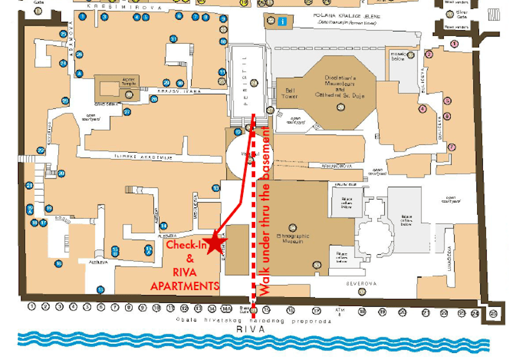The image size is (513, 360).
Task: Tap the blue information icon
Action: [282, 21]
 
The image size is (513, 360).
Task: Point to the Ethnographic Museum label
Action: [292, 239]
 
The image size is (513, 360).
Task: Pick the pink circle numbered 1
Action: [454, 44]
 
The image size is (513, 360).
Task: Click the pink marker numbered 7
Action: [451, 147]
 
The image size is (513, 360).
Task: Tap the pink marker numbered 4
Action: [422, 108]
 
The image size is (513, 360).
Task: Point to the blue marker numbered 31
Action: [174, 40]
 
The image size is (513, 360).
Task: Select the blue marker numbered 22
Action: [40, 151]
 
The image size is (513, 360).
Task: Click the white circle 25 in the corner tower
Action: [493, 314]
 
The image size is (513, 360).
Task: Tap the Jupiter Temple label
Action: [130, 81]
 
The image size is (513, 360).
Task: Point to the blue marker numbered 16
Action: [58, 264]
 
